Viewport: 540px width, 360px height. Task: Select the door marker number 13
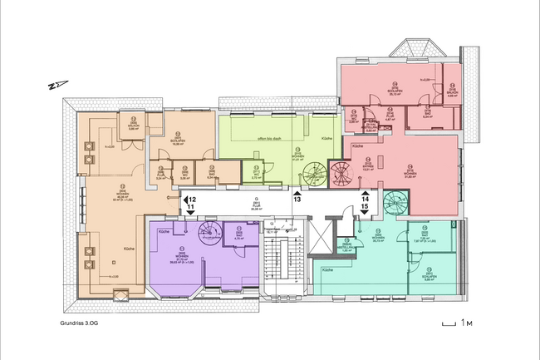297,200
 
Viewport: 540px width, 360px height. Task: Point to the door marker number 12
190,200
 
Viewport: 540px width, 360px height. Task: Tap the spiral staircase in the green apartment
316,175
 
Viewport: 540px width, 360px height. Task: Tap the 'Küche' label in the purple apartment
164,231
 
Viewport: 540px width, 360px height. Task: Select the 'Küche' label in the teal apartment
327,271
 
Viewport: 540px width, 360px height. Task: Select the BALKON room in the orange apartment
110,126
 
